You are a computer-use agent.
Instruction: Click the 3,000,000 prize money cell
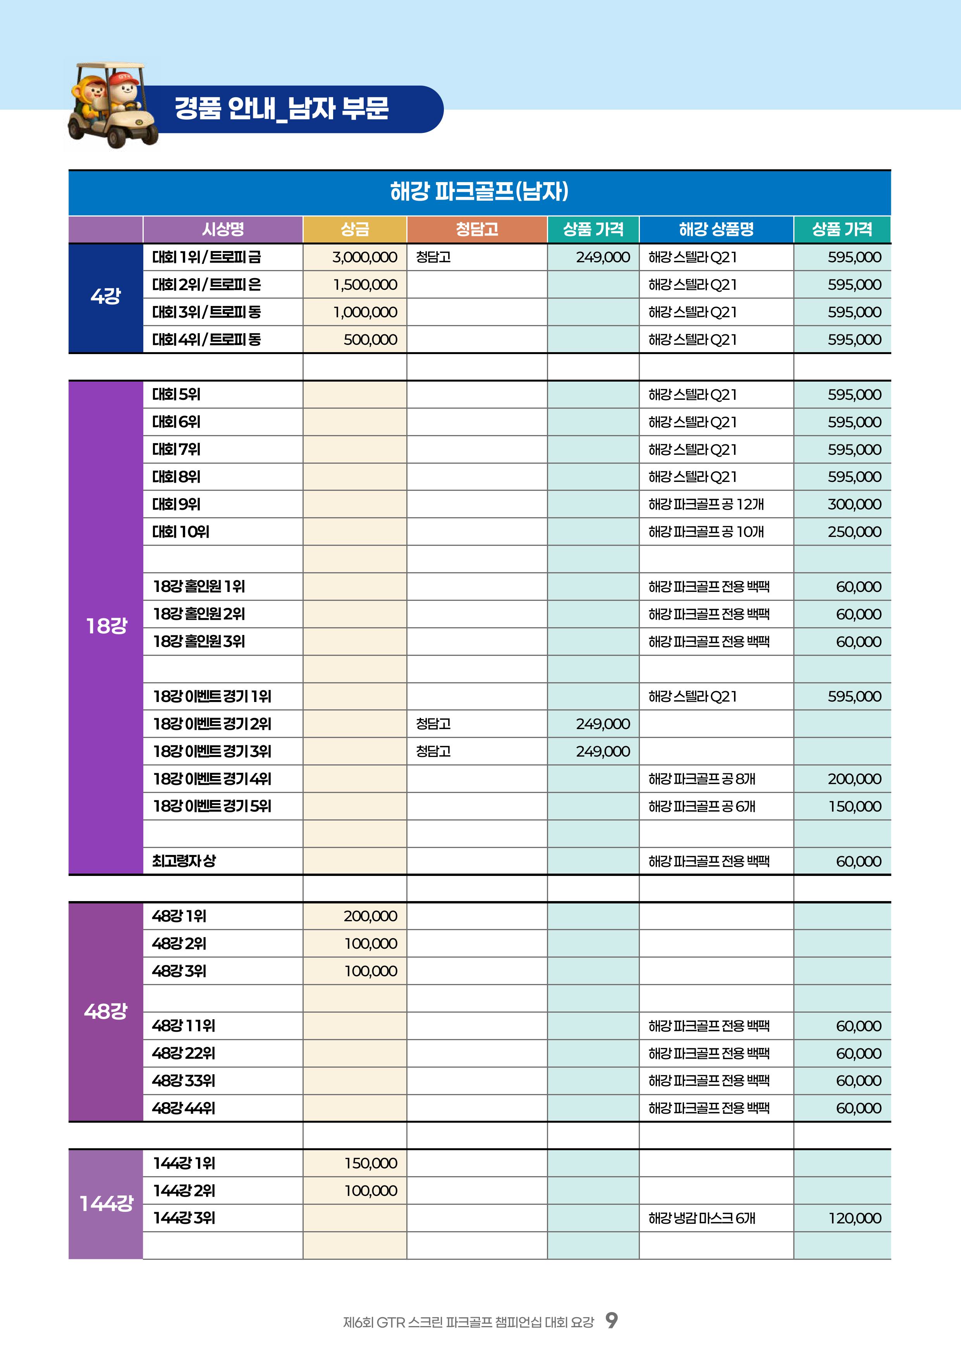(x=364, y=257)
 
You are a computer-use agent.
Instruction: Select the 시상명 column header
(x=223, y=229)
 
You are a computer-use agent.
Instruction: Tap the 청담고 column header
(x=476, y=229)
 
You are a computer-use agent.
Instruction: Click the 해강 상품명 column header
(x=716, y=229)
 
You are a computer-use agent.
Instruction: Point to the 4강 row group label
(x=105, y=296)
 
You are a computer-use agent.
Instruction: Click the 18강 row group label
(x=106, y=626)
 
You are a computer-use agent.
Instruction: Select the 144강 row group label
(x=106, y=1203)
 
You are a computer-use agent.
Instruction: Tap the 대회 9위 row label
(x=176, y=504)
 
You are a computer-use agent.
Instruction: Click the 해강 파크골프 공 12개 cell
(x=706, y=504)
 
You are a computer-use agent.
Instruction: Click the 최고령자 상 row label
(x=184, y=861)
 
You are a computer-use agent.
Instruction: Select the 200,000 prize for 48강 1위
(x=370, y=916)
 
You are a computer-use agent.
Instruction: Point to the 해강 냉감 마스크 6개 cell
(x=702, y=1218)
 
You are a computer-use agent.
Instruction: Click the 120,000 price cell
(x=854, y=1218)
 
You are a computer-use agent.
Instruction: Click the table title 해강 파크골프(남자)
(x=479, y=191)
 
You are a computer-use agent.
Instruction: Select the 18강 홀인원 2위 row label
(x=199, y=614)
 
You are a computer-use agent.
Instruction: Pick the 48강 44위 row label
(x=184, y=1108)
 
